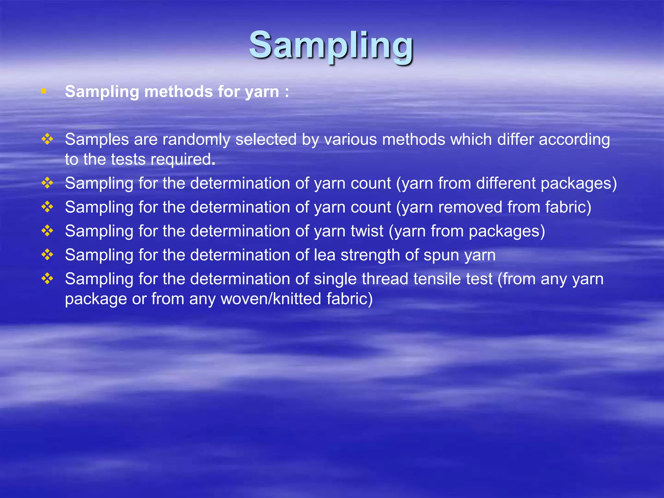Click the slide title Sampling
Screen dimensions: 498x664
(331, 45)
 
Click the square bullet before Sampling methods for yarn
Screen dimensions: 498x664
(44, 91)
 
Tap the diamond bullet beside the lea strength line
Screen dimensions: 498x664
(47, 255)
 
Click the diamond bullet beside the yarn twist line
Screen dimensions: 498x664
(47, 231)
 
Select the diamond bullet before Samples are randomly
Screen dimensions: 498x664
(47, 139)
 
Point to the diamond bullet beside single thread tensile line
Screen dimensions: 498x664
(47, 279)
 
